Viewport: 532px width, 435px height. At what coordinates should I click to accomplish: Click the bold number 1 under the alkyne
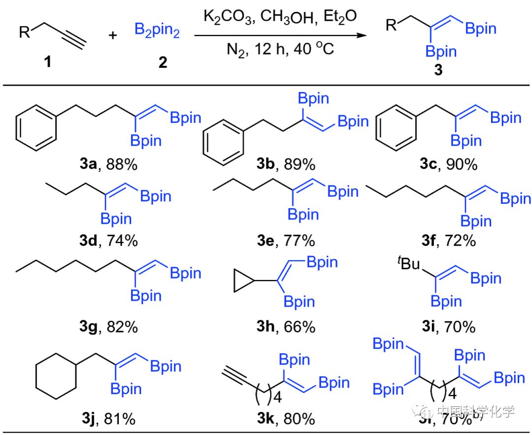pos(47,63)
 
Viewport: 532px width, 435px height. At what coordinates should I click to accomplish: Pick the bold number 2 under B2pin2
pos(162,63)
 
